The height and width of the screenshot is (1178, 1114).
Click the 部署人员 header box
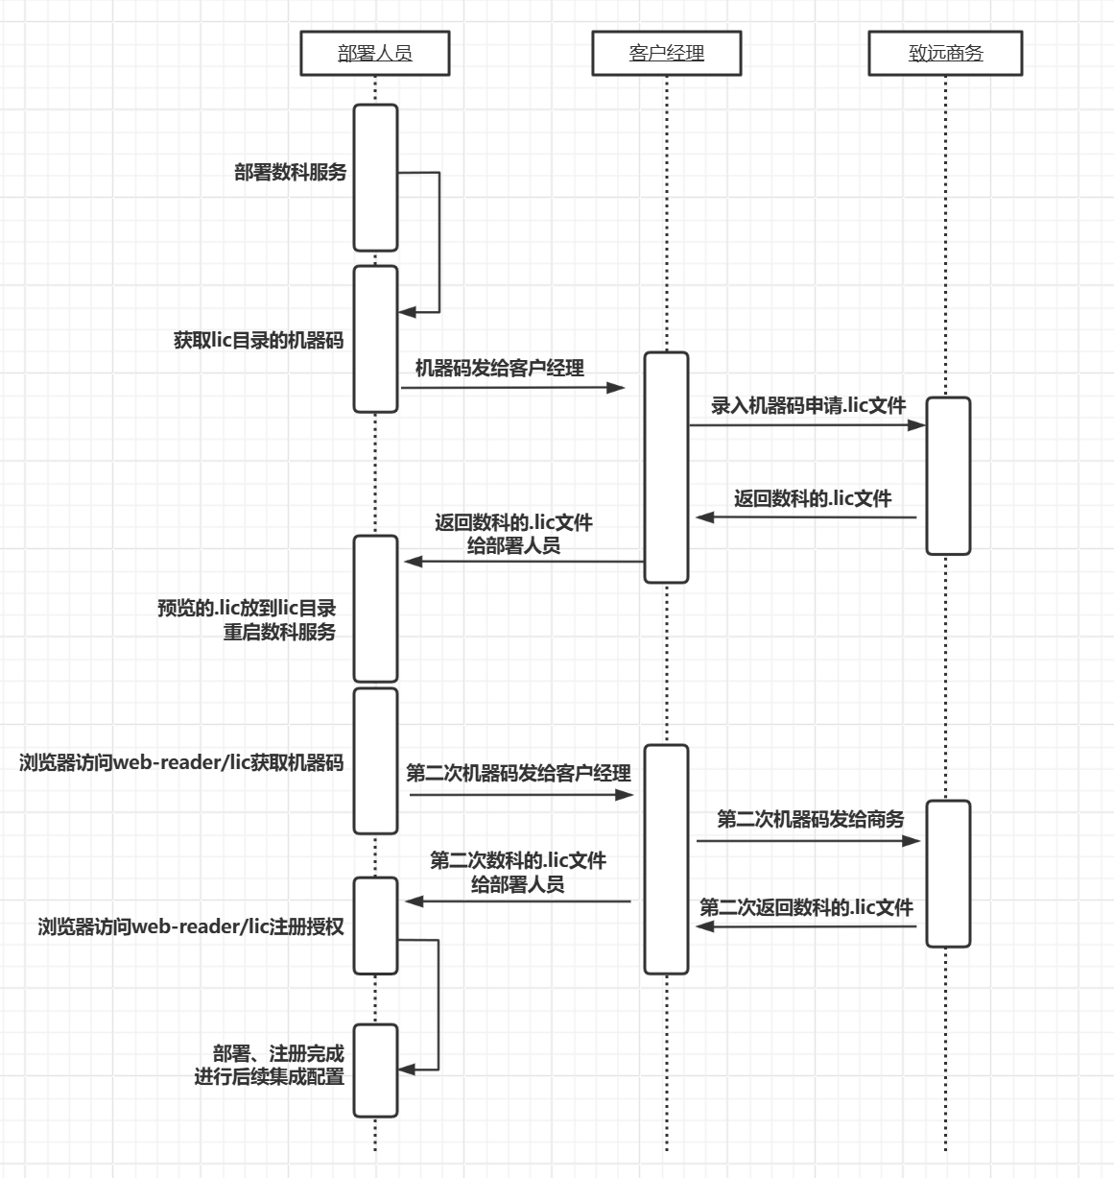point(375,54)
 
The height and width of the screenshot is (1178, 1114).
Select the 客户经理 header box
point(667,54)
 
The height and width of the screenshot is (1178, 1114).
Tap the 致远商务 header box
point(945,54)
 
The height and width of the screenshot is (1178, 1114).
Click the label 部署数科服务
point(290,173)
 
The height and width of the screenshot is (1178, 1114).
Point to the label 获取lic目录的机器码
point(258,341)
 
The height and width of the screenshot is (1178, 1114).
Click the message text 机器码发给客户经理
point(499,368)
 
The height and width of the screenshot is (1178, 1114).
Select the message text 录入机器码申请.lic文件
point(808,405)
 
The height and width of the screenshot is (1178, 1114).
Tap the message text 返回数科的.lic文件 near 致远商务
point(813,498)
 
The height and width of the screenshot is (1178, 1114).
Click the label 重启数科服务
point(280,633)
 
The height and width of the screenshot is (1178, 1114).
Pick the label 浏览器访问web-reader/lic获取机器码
point(181,763)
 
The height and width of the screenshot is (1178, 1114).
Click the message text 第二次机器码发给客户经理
point(518,773)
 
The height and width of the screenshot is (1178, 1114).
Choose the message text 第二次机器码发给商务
point(811,819)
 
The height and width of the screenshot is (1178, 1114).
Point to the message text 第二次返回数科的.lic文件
point(806,907)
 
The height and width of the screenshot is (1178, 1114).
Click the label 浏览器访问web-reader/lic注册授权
point(191,926)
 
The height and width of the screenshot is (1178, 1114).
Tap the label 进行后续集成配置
point(270,1077)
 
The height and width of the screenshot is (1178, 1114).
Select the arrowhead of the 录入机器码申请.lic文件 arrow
point(917,424)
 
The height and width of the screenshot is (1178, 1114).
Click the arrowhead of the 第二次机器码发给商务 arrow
point(913,841)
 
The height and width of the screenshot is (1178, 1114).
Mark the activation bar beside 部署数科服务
point(375,178)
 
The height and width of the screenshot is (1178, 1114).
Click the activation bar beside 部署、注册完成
point(375,1070)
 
